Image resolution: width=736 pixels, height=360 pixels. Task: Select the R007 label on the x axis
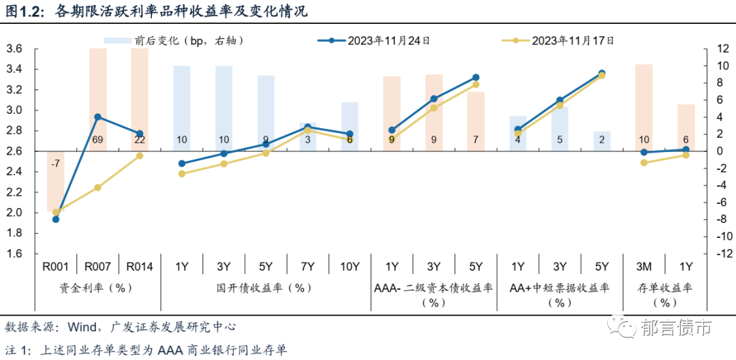point(97,267)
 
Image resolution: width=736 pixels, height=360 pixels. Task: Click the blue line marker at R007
point(97,117)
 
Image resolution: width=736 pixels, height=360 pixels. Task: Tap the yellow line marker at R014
point(140,155)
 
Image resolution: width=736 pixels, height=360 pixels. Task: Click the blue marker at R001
point(56,220)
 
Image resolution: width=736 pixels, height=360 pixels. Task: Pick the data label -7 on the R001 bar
point(55,163)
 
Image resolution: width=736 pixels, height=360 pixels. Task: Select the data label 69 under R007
point(97,140)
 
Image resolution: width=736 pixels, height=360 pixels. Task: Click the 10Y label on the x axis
point(350,267)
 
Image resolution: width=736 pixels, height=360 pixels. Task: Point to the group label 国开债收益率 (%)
point(266,288)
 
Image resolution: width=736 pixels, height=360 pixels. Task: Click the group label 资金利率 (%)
point(97,288)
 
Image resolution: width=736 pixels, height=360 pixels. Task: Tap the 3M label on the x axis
point(644,267)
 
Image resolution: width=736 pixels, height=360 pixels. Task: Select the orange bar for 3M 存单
point(644,102)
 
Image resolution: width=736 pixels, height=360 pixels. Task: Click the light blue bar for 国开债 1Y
point(182,102)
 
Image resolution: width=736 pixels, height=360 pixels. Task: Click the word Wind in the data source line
point(79,327)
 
